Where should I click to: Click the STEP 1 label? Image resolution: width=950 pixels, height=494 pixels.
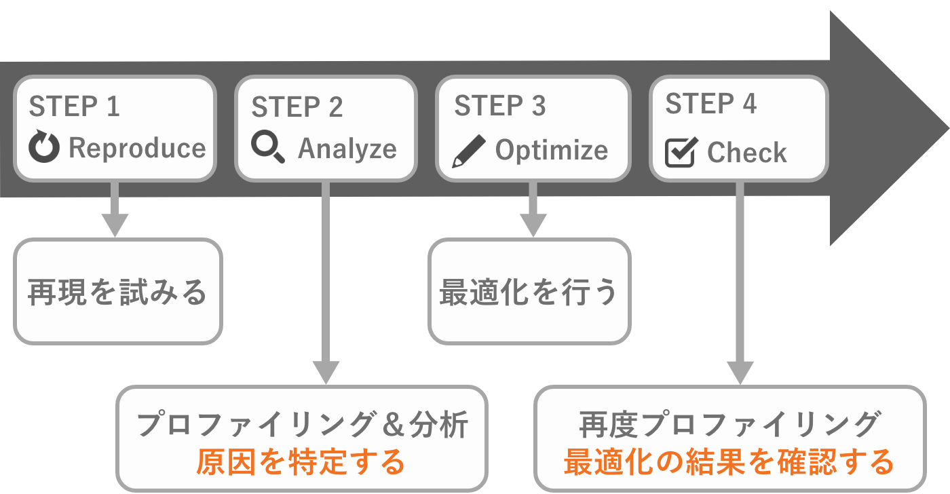click(75, 107)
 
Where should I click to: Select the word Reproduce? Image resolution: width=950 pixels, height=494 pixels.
click(138, 148)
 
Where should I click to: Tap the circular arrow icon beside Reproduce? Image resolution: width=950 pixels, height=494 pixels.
click(45, 149)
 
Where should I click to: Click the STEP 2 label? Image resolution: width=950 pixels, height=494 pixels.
click(297, 107)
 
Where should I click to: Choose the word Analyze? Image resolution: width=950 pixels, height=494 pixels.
click(347, 149)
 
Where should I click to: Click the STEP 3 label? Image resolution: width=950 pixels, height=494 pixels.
click(500, 107)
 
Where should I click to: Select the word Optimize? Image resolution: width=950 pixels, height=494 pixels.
click(552, 150)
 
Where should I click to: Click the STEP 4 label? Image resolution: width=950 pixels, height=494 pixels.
click(711, 104)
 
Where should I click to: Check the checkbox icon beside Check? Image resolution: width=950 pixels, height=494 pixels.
click(681, 152)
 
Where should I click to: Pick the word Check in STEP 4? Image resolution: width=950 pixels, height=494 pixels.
click(747, 153)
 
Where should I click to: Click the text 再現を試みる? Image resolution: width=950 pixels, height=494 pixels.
click(117, 292)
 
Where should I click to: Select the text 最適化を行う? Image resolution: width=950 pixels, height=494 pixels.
click(529, 292)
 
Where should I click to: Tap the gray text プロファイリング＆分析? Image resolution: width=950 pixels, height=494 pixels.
click(302, 425)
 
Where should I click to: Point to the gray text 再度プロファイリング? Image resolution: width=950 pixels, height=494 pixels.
click(729, 425)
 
